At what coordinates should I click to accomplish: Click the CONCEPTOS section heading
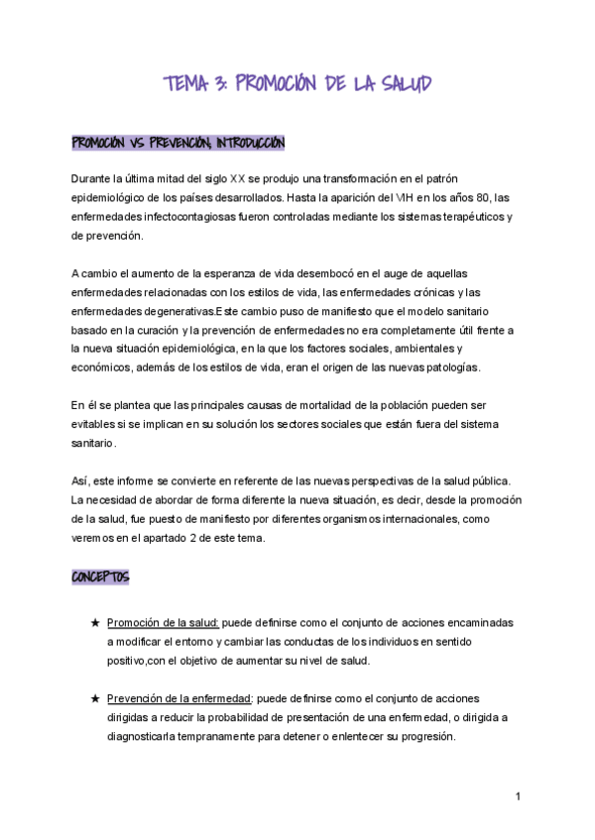[x=100, y=577]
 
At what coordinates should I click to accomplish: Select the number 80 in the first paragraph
[x=479, y=197]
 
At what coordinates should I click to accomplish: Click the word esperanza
[x=227, y=272]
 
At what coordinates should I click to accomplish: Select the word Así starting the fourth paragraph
[x=80, y=480]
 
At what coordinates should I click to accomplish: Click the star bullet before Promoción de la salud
[x=95, y=623]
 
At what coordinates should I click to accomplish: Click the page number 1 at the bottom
[x=518, y=796]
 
